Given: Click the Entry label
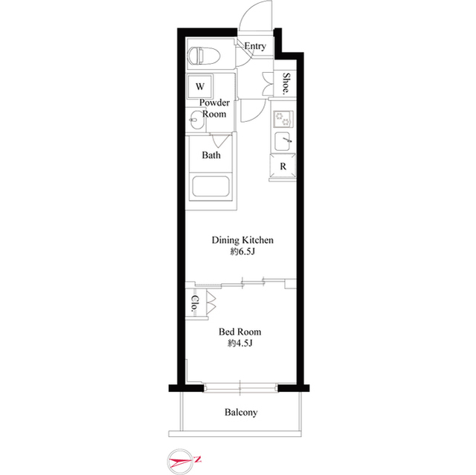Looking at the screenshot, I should [x=254, y=46].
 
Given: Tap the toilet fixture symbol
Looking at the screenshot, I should [x=200, y=55].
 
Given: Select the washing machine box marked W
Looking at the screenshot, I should [x=200, y=86].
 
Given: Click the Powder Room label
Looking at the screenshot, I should [x=214, y=109].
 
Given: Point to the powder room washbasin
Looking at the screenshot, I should [x=196, y=116].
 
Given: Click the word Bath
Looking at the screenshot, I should [x=211, y=155].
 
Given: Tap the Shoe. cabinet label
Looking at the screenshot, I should [x=285, y=84].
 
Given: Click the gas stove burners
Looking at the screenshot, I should [x=283, y=117].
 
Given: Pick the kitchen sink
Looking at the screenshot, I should [x=283, y=140].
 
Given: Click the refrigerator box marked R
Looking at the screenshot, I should [x=283, y=166].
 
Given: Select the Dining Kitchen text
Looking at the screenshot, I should [x=243, y=240].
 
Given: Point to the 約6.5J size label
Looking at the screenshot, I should [x=243, y=253].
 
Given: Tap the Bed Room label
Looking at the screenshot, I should [x=239, y=332].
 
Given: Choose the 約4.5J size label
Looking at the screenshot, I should [x=239, y=343].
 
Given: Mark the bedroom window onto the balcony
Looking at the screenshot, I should [x=239, y=387].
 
